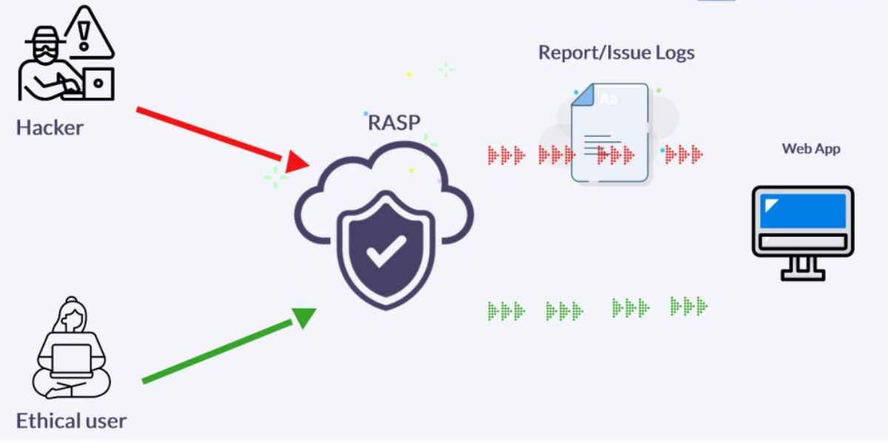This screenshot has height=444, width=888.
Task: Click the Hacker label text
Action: click(50, 127)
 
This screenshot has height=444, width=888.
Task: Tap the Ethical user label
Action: click(71, 421)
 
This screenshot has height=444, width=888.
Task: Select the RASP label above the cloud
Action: click(394, 121)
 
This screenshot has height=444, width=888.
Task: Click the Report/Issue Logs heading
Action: click(616, 53)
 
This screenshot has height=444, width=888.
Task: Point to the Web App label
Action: click(811, 149)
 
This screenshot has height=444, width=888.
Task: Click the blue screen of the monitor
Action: click(802, 210)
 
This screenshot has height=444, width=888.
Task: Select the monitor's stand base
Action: click(803, 273)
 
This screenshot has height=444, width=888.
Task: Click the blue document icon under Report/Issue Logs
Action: click(610, 134)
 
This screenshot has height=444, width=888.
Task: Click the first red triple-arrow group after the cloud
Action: click(506, 155)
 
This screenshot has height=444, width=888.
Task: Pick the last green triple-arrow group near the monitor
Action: click(688, 305)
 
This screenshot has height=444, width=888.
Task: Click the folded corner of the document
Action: click(583, 95)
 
